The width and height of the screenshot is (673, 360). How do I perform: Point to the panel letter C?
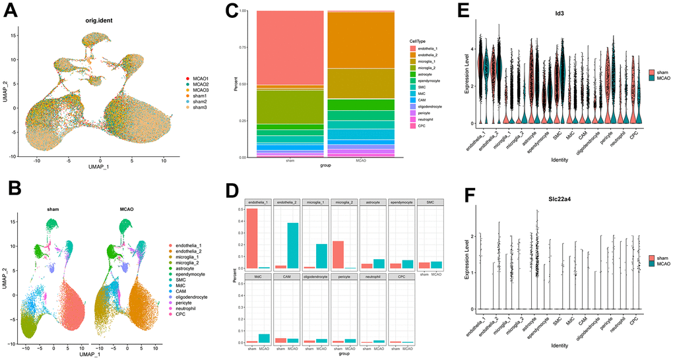tap(231, 12)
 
